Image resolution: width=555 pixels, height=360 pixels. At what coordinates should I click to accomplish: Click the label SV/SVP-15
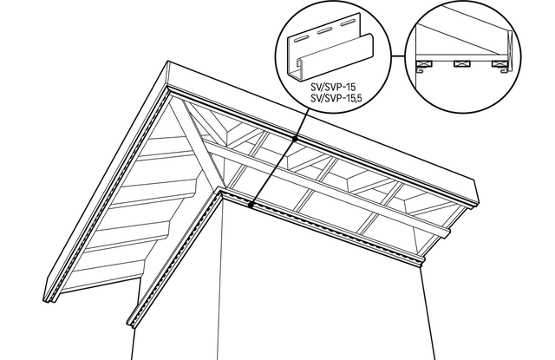click(x=333, y=87)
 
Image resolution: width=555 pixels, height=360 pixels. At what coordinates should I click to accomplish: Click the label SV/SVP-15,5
click(x=336, y=98)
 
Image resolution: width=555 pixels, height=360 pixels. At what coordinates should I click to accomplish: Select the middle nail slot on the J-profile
click(x=323, y=31)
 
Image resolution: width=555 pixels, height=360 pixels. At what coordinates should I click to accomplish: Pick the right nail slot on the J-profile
click(x=347, y=23)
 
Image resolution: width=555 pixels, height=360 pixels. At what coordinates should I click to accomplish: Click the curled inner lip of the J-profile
click(x=299, y=64)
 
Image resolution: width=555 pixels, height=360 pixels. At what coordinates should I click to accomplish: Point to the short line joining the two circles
click(x=397, y=56)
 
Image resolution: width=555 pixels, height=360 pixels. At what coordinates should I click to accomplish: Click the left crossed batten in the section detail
click(x=425, y=64)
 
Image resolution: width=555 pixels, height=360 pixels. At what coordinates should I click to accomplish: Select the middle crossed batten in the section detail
click(x=461, y=64)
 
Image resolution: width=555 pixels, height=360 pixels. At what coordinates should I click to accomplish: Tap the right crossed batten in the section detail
click(x=499, y=64)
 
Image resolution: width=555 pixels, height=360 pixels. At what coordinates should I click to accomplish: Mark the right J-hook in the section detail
click(x=506, y=71)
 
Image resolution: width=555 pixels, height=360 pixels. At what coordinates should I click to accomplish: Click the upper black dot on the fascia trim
click(x=295, y=139)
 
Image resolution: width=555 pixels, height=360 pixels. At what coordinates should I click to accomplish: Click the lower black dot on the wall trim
click(x=251, y=205)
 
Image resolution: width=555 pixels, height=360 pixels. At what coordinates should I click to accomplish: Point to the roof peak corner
click(x=168, y=62)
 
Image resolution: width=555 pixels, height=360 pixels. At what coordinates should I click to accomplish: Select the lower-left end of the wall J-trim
click(x=130, y=322)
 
